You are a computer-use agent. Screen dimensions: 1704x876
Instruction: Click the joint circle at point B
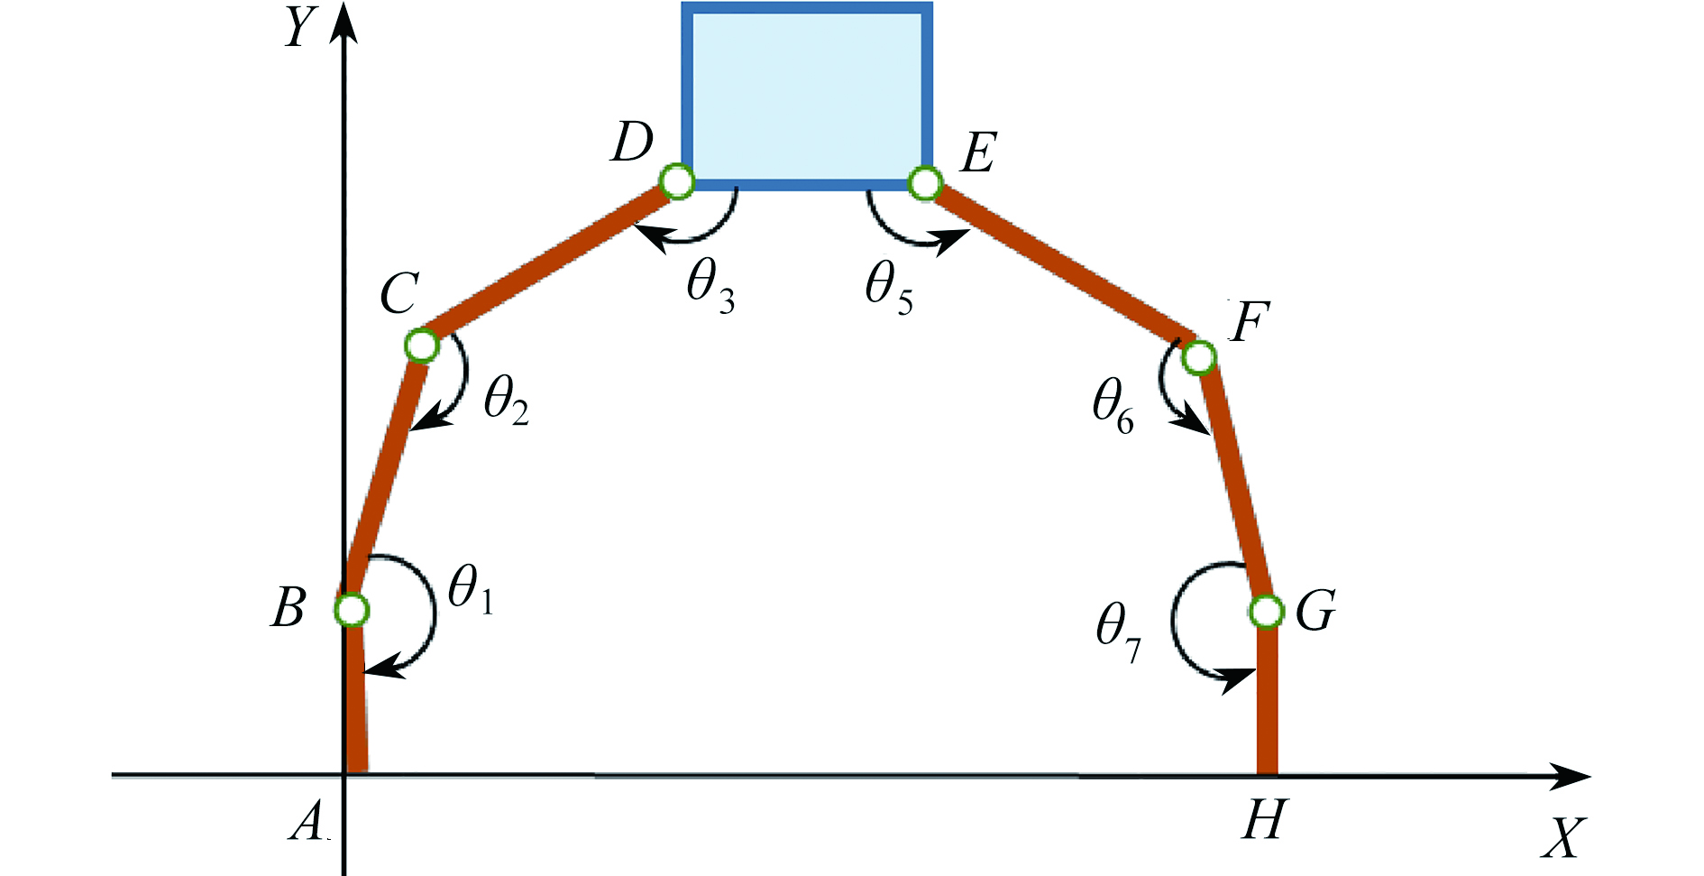coord(352,611)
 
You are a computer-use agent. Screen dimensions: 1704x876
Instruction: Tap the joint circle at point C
coord(422,345)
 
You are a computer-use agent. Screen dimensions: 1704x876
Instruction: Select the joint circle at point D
coord(677,181)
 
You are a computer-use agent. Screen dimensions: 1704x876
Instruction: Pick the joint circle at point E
coord(925,183)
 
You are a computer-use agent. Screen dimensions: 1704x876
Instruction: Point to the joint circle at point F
coord(1199,357)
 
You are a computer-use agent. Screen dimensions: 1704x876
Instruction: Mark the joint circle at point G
coord(1267,612)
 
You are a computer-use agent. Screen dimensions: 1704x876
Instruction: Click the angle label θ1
coord(471,591)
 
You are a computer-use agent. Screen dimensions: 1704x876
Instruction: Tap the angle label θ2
coord(506,400)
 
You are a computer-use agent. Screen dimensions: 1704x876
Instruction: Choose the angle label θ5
coord(889,287)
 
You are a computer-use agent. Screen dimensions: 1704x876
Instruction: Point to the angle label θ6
coord(1113,405)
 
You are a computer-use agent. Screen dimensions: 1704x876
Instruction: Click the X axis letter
coord(1562,838)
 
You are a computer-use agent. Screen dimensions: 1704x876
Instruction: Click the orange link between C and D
coord(550,263)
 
